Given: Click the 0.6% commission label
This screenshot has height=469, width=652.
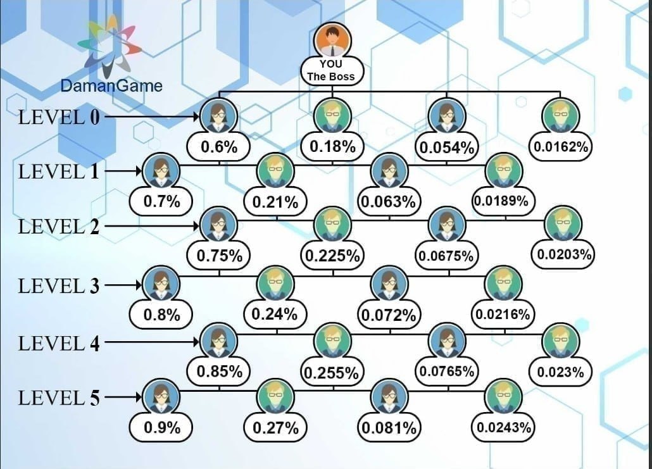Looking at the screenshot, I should (219, 147).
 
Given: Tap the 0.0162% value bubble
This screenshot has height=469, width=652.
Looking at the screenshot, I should (561, 147).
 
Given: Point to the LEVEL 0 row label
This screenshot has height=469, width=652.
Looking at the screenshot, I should (59, 117).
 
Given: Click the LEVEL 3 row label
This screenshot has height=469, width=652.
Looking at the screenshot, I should (59, 286).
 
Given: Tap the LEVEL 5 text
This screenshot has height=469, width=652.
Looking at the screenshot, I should (59, 398).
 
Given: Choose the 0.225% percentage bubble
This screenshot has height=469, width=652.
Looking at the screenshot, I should (333, 256).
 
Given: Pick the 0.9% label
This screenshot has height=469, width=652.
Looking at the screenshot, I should (162, 427).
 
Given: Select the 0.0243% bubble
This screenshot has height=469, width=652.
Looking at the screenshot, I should (504, 427).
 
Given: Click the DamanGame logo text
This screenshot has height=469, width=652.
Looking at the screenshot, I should (111, 85).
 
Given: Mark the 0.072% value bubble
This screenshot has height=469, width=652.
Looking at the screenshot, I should (388, 315).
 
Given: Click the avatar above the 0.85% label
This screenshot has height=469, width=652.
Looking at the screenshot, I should (218, 341).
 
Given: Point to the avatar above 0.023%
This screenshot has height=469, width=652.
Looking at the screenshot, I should (561, 342).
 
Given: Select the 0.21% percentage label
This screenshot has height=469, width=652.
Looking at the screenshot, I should (275, 203).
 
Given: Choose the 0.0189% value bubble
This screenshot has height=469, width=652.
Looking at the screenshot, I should (504, 201).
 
